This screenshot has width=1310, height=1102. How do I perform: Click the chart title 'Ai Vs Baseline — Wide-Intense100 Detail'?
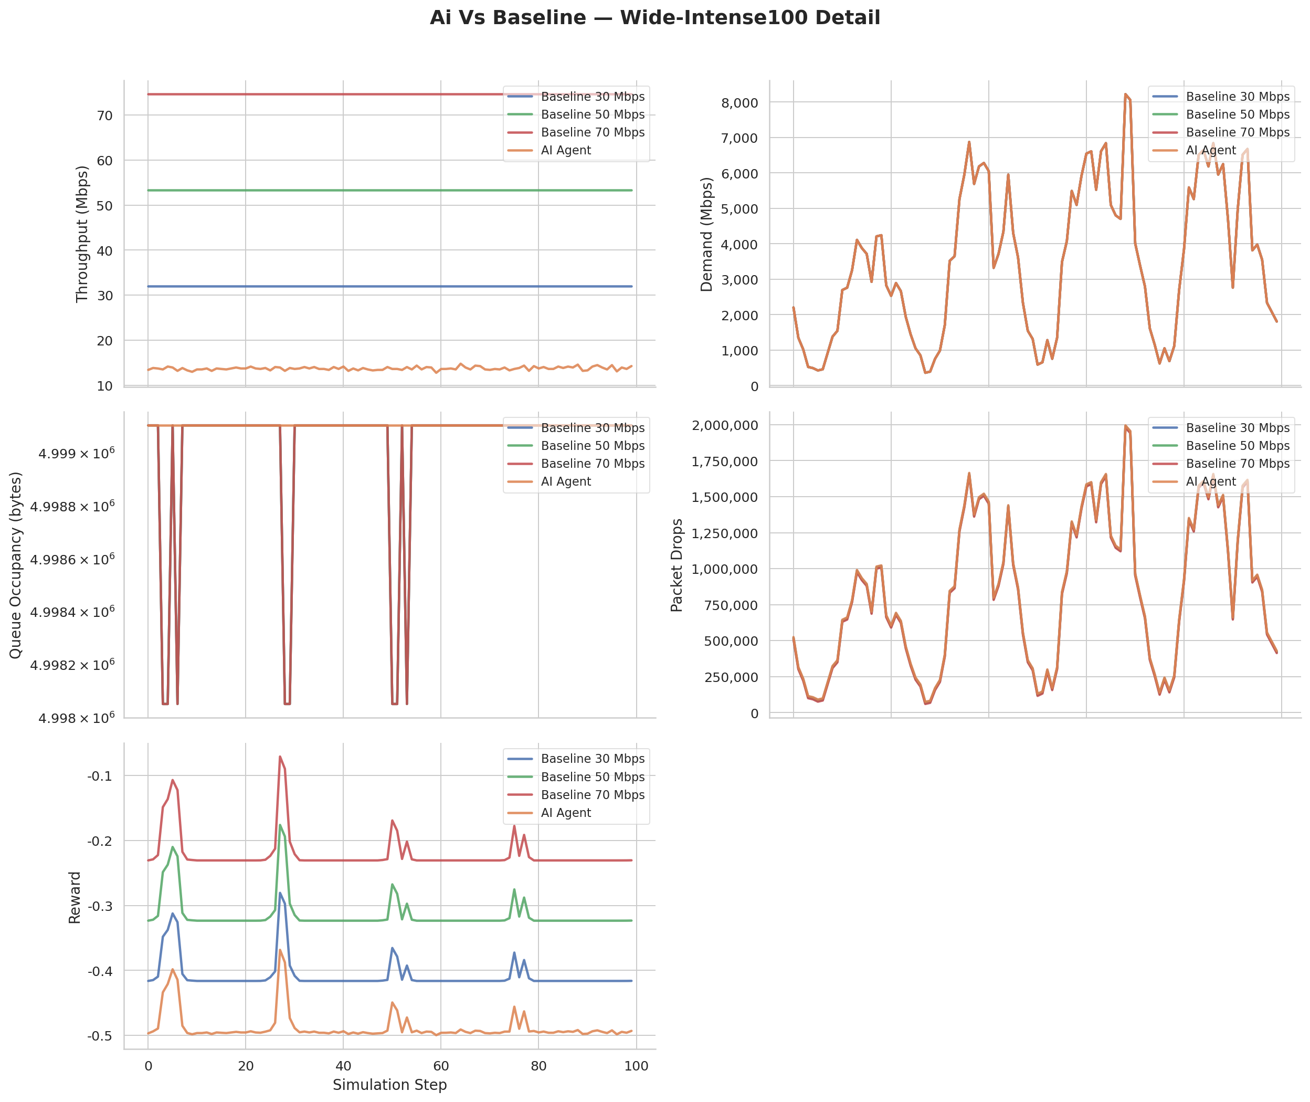click(x=654, y=17)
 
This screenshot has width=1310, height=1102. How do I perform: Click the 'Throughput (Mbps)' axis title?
click(x=82, y=234)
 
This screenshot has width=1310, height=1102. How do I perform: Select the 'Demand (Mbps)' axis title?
click(x=706, y=234)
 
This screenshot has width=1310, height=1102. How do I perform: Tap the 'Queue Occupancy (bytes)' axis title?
click(x=16, y=565)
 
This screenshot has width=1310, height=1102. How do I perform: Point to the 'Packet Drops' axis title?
click(x=676, y=565)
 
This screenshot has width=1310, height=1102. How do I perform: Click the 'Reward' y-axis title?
click(x=75, y=897)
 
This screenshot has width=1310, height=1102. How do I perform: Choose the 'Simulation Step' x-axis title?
click(x=389, y=1085)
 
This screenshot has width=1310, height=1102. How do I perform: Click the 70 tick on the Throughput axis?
click(x=104, y=116)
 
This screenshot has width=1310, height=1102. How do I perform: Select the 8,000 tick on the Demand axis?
click(x=739, y=103)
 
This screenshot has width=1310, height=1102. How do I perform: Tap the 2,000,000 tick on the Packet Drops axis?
click(x=724, y=425)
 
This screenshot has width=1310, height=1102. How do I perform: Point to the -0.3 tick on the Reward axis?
click(x=100, y=906)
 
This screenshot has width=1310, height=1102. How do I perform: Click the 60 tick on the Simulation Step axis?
click(x=441, y=1066)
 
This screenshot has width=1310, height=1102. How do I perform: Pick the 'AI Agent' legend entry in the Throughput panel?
click(x=566, y=151)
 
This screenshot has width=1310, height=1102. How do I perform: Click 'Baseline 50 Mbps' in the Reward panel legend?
click(x=593, y=777)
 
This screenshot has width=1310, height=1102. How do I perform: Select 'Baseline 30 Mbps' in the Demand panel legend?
click(x=1238, y=97)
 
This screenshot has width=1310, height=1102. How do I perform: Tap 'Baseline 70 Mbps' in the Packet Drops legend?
click(x=1238, y=464)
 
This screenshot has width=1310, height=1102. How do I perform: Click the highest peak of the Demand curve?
click(x=1125, y=95)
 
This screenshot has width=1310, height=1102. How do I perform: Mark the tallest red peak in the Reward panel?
click(x=280, y=757)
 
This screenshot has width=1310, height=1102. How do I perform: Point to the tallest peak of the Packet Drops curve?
click(x=1125, y=426)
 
